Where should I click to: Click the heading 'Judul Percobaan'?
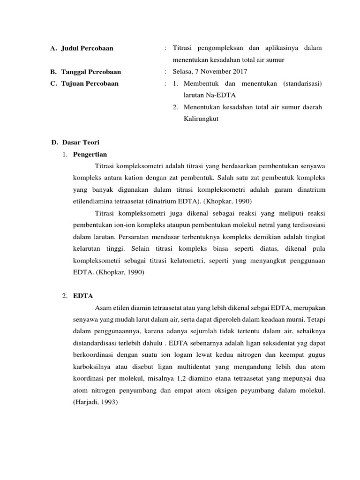(87, 48)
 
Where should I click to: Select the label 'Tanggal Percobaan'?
(91, 72)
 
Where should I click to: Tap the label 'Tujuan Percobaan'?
(90, 83)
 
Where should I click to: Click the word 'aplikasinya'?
(279, 48)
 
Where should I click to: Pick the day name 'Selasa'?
(182, 72)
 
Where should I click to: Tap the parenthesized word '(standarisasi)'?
(302, 83)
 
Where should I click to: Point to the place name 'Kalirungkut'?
(201, 119)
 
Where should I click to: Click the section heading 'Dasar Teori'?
(80, 142)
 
